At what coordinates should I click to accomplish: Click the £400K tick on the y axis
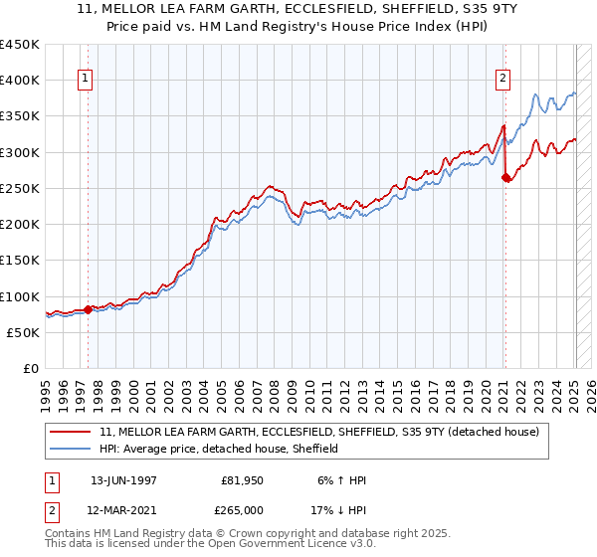pyautogui.click(x=20, y=81)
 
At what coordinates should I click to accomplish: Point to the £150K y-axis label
pyautogui.click(x=20, y=261)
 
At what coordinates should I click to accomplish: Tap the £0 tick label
pyautogui.click(x=30, y=369)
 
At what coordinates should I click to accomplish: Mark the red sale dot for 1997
pyautogui.click(x=88, y=309)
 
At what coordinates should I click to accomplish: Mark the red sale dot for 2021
pyautogui.click(x=504, y=178)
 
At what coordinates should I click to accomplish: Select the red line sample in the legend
pyautogui.click(x=72, y=433)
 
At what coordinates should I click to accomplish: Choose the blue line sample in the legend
pyautogui.click(x=72, y=450)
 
